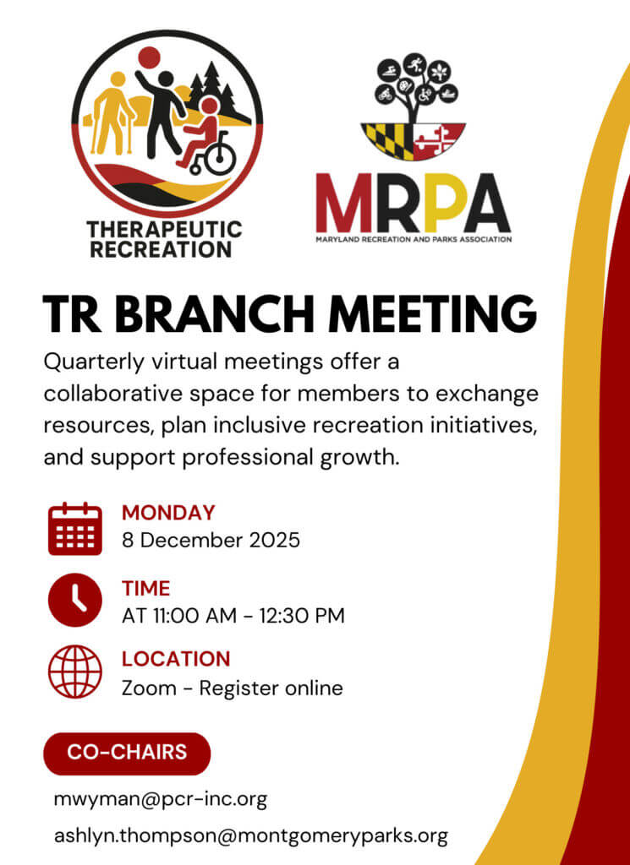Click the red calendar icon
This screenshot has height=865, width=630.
75,529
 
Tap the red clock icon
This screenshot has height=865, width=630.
75,600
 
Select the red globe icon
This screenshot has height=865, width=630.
75,672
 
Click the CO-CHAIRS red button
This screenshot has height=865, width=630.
127,753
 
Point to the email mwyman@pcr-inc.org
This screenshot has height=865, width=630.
161,799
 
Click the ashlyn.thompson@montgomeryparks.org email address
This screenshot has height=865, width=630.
250,836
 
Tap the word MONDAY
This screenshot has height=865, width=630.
168,513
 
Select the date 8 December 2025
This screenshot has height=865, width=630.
211,540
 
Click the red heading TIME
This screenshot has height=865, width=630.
145,589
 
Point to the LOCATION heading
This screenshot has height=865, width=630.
176,659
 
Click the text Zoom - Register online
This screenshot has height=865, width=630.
233,688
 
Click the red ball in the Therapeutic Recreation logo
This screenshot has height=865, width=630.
149,57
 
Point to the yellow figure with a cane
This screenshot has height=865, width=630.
111,117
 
